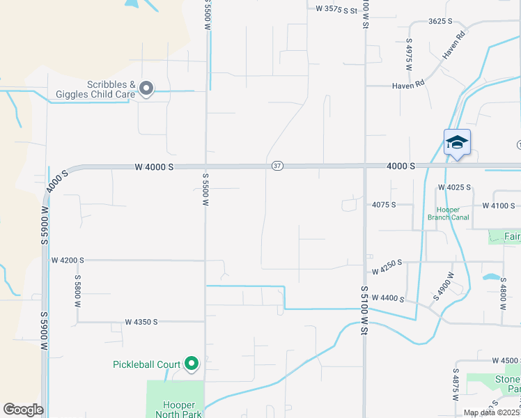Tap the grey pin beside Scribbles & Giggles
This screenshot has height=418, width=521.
tap(146, 88)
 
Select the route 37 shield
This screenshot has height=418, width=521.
tap(277, 166)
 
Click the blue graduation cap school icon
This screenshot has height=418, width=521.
tap(457, 142)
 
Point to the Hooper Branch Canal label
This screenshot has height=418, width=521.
tap(453, 213)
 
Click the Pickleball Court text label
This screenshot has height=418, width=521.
tap(147, 364)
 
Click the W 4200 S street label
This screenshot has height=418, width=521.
tap(68, 260)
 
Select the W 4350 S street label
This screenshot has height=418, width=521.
tap(141, 322)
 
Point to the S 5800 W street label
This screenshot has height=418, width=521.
tap(77, 291)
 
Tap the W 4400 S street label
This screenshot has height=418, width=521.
tap(388, 298)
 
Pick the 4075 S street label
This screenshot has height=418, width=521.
tap(384, 205)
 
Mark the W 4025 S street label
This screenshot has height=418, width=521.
tap(454, 187)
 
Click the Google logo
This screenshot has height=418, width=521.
tap(23, 410)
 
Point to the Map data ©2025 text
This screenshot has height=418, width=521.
tap(492, 412)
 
